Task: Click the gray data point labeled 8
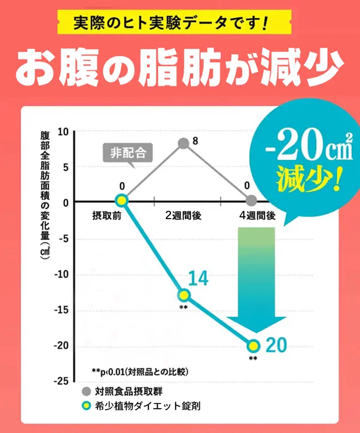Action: coord(183,143)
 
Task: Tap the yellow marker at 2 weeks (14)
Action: coord(184,295)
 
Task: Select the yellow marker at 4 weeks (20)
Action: coord(253,345)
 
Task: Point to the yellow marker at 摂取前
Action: coord(121,200)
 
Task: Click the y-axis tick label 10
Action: coord(63,131)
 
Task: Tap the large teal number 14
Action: coord(198,279)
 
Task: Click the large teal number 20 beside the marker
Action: coord(276,345)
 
